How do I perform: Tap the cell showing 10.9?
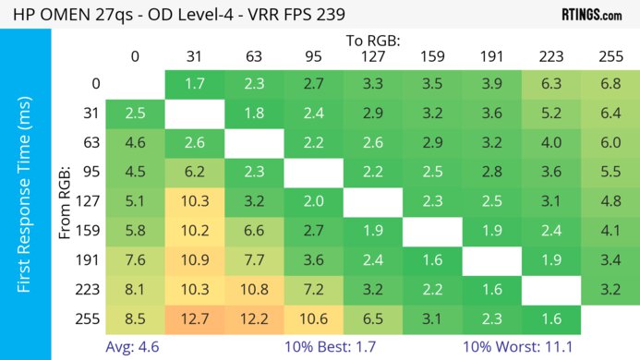coord(194,260)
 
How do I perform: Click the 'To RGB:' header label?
coord(373,41)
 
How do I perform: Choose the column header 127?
coord(373,56)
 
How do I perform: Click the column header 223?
coord(551,56)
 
